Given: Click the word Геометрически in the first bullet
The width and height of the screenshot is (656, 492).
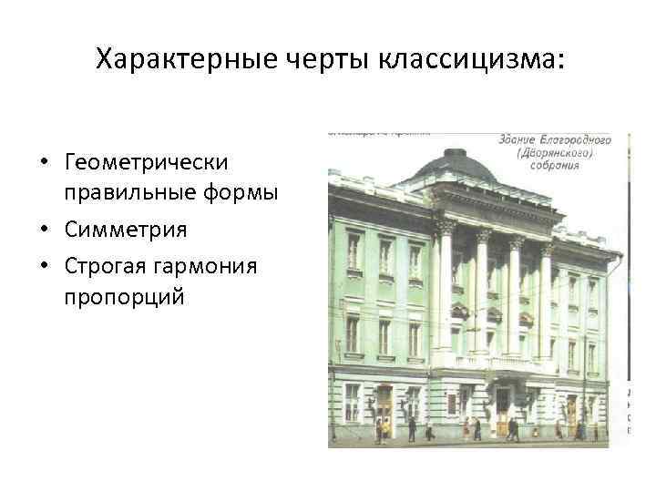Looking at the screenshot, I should click(146, 162).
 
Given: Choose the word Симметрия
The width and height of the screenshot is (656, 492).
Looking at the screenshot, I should click(126, 230).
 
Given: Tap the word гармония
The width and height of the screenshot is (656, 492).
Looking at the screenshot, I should click(209, 265).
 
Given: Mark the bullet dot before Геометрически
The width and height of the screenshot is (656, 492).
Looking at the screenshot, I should click(45, 163).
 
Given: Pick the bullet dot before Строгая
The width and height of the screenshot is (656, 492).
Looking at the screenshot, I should click(45, 266).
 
